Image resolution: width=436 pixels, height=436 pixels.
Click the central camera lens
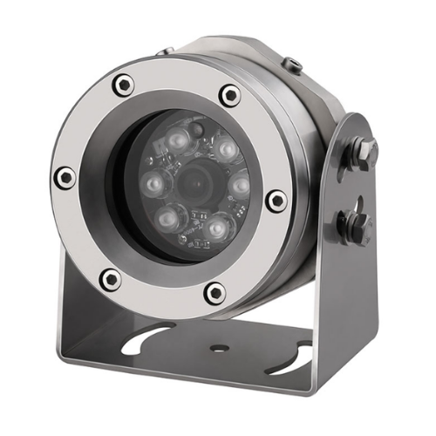(193, 185)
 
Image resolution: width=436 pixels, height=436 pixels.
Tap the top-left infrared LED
(177, 140)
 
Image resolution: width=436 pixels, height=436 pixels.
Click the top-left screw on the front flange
(125, 85)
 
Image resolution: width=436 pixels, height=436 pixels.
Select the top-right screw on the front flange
(229, 95)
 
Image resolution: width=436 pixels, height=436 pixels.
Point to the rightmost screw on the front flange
(276, 200)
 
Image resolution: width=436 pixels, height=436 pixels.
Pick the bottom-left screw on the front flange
(110, 279)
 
